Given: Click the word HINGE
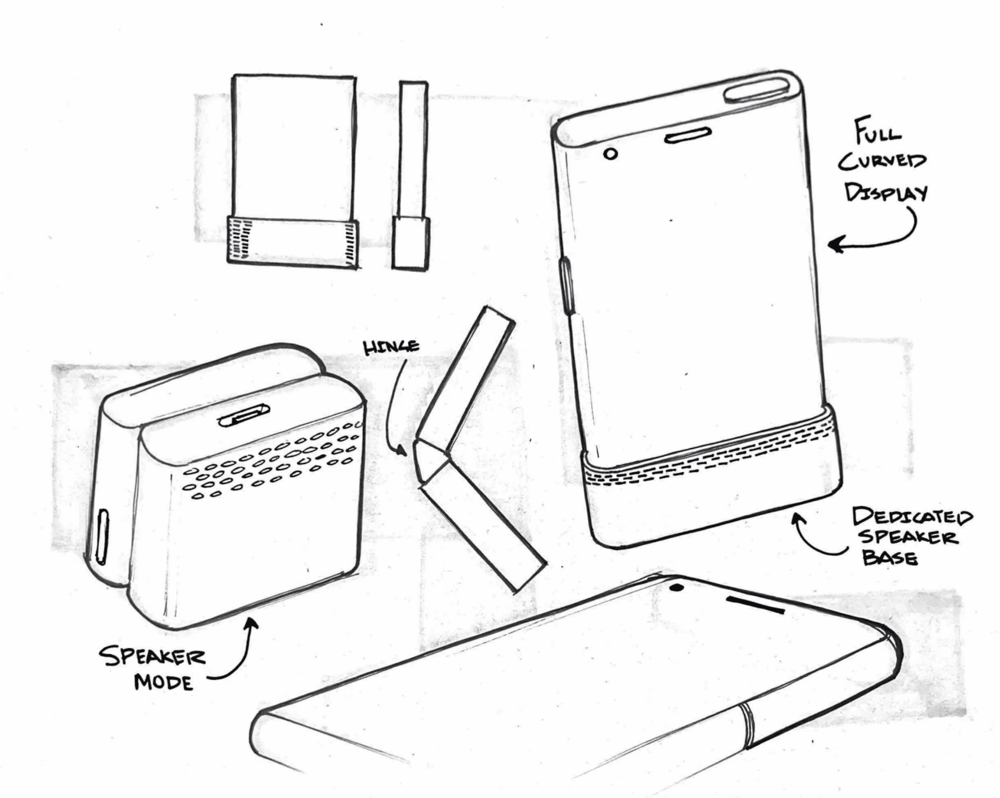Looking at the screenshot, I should click(391, 346).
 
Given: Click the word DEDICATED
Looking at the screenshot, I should click(912, 516).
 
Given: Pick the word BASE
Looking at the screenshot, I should click(889, 558).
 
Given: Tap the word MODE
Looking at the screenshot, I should click(163, 682).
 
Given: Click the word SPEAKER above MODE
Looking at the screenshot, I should click(152, 656).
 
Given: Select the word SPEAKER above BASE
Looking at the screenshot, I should click(908, 537).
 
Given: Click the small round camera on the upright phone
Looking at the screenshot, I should click(611, 154).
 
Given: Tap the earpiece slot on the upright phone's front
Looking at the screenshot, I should click(688, 136).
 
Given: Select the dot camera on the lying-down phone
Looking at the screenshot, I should click(677, 588).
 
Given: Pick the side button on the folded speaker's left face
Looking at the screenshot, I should click(102, 536).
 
